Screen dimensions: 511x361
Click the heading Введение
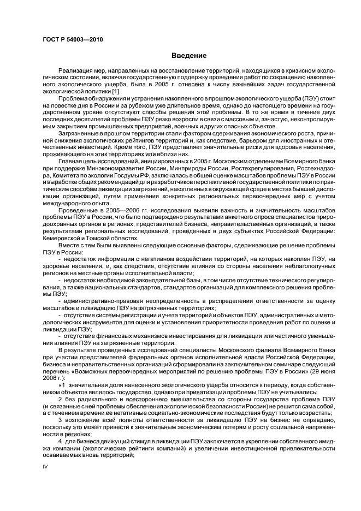coord(189,56)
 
